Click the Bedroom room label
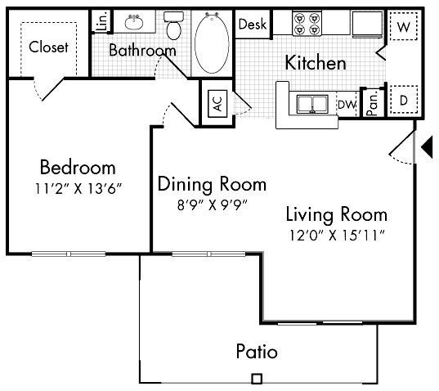(x=78, y=169)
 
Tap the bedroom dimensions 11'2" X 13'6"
(x=78, y=191)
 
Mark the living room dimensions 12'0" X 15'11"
(x=335, y=236)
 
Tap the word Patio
(x=256, y=353)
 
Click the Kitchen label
(x=315, y=63)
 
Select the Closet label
(x=48, y=47)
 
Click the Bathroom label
(x=142, y=51)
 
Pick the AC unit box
(x=217, y=104)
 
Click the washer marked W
(x=403, y=26)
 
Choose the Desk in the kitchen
(x=253, y=25)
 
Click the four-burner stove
(x=306, y=24)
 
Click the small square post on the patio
(x=256, y=379)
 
